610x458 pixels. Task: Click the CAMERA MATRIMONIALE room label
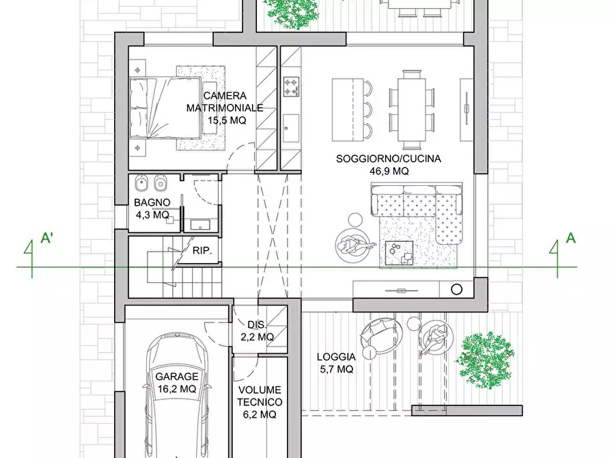(x=225, y=102)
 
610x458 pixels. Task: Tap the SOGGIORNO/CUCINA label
(x=388, y=159)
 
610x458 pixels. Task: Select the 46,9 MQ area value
(x=389, y=171)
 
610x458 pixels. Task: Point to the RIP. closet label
(x=202, y=251)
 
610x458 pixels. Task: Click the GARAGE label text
(x=177, y=377)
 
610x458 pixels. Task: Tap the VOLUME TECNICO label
(x=260, y=396)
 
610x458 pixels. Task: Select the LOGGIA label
(x=336, y=357)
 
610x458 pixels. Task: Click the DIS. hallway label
(x=257, y=325)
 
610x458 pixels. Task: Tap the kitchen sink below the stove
(x=291, y=127)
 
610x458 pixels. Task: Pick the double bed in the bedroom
(x=165, y=108)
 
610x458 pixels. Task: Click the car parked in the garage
(x=176, y=393)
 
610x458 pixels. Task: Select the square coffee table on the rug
(x=400, y=253)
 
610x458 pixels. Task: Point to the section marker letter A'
(x=47, y=238)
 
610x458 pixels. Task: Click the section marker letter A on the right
(x=570, y=238)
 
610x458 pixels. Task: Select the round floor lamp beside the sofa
(x=355, y=219)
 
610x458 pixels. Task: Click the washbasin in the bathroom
(x=200, y=225)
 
